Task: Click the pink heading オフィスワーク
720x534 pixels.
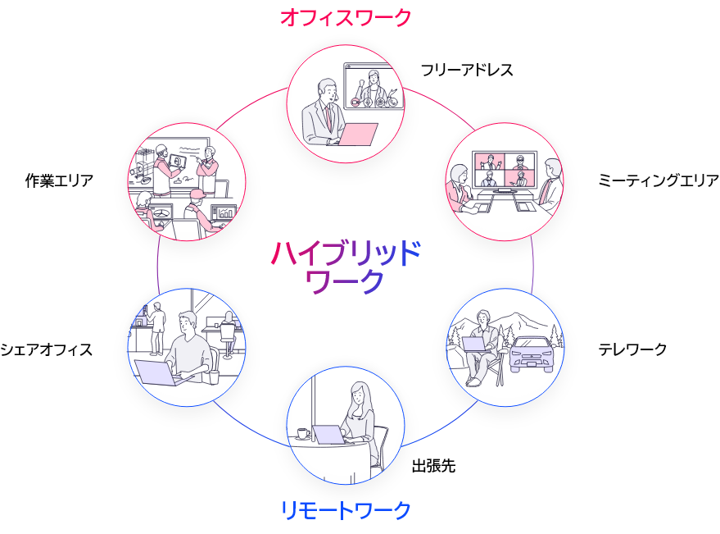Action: pos(345,17)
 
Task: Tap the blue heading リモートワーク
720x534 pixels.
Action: pos(345,510)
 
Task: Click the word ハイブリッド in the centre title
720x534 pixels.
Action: pos(345,253)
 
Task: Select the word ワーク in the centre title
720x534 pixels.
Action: pos(345,281)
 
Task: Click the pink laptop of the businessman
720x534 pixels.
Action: pos(358,134)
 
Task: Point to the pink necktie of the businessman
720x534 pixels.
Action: pos(329,116)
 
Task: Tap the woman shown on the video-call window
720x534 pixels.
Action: pos(374,84)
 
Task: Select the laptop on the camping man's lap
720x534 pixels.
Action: pos(473,344)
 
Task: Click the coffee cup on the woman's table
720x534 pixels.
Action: pos(303,433)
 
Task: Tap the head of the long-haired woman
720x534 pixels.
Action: pos(358,395)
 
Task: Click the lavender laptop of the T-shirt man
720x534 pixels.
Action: pos(156,373)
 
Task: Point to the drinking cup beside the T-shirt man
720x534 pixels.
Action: pos(214,377)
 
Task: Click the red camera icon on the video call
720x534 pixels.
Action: pos(355,103)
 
